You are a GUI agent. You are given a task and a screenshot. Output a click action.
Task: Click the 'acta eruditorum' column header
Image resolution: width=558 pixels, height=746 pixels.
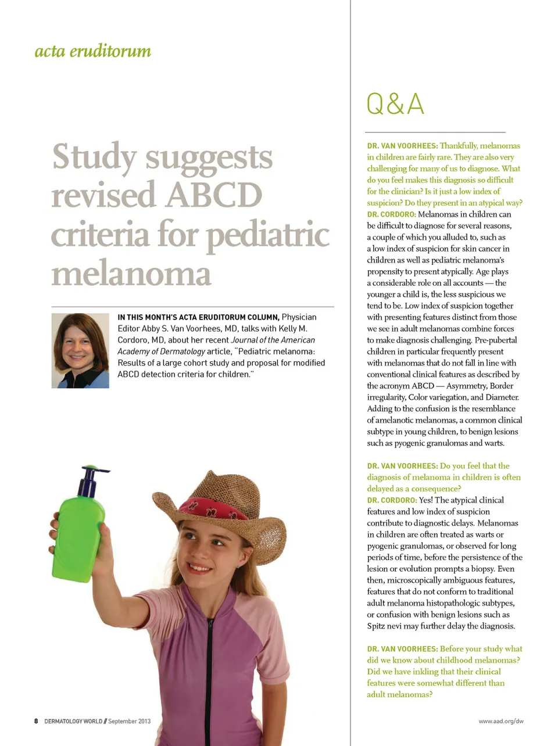point(93,51)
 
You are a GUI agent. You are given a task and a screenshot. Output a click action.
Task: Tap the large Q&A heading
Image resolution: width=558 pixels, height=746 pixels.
point(395,105)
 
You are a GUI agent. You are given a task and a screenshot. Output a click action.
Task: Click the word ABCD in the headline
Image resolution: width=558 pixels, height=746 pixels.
point(214,195)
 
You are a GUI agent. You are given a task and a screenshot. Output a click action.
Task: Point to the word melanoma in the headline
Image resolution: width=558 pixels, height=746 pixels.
point(131,273)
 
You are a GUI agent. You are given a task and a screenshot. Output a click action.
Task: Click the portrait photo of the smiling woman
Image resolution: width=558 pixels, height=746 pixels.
point(80,350)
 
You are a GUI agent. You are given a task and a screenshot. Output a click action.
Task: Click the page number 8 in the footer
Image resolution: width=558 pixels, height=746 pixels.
point(36,721)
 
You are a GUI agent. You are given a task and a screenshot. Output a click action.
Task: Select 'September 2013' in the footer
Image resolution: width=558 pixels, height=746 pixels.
point(129,721)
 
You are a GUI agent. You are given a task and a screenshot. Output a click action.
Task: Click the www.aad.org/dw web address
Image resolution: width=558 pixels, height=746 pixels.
point(500,721)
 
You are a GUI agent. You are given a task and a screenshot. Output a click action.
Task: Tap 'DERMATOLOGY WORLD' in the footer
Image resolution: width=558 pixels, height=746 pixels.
point(73,721)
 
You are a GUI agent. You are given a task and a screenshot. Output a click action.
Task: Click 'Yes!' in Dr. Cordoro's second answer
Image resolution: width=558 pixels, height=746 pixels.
point(425,500)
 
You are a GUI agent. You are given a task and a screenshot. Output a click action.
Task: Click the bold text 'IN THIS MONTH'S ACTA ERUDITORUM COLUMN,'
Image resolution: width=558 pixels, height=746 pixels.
point(198,317)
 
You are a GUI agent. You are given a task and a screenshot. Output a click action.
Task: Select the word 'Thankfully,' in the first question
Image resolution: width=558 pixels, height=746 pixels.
point(459,146)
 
